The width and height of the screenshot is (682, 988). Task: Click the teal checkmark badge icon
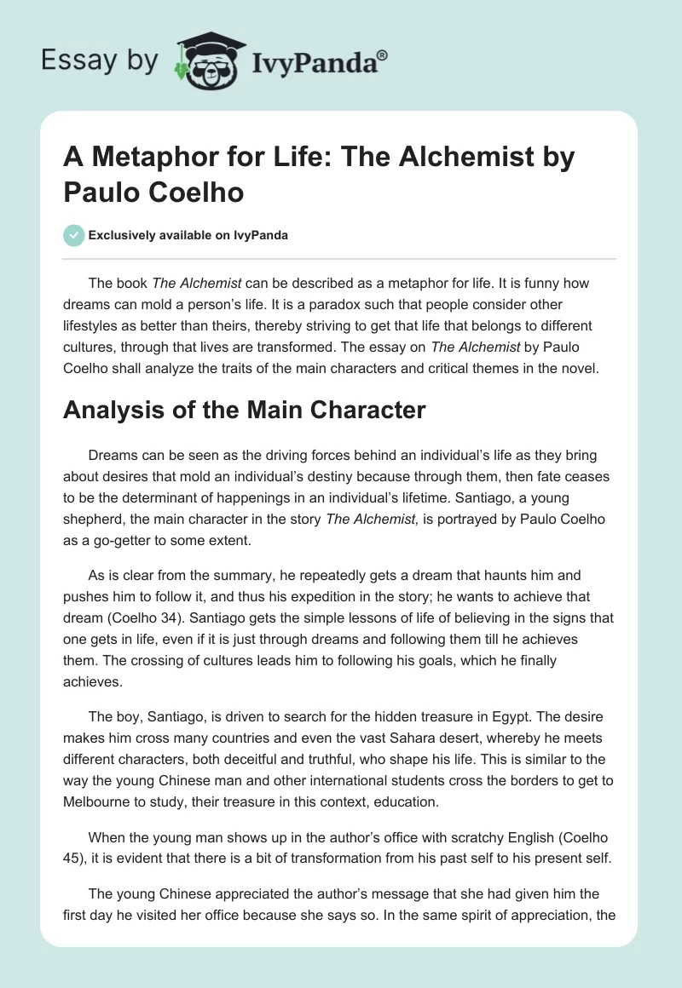pyautogui.click(x=74, y=235)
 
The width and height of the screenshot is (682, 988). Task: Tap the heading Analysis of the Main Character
pyautogui.click(x=244, y=410)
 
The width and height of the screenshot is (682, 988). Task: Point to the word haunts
pyautogui.click(x=499, y=577)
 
